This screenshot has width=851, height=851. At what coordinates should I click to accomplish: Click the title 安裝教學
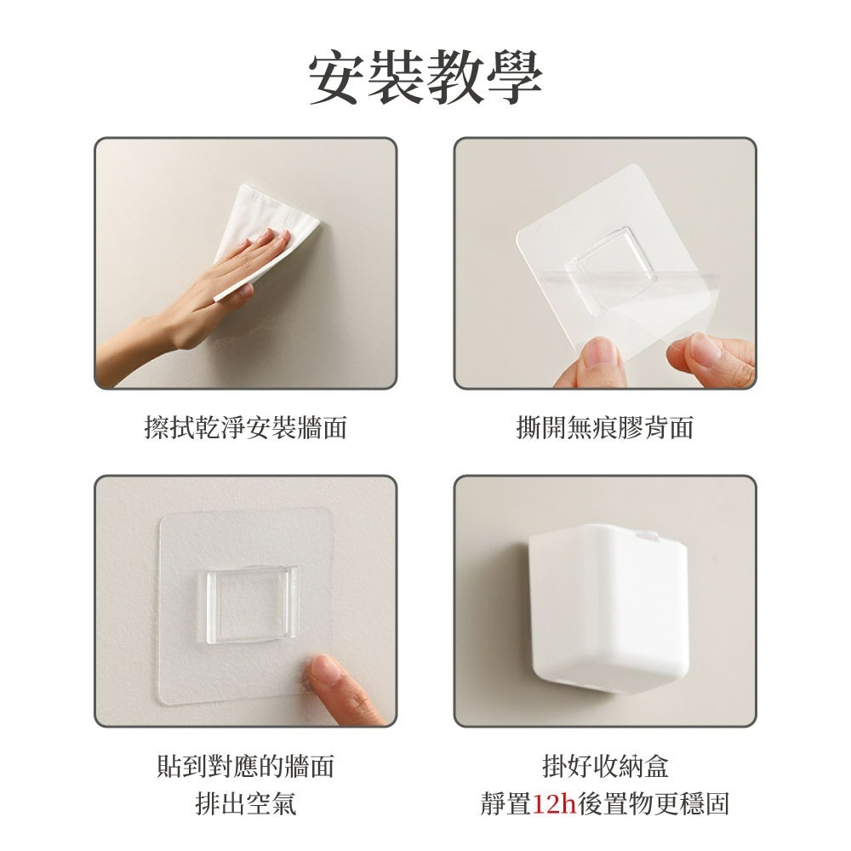click(x=425, y=77)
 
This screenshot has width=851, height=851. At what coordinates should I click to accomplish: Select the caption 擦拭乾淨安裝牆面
click(x=246, y=427)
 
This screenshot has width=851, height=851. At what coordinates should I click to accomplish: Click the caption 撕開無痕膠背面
click(x=605, y=427)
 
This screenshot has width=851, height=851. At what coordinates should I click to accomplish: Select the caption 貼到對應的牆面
click(x=246, y=766)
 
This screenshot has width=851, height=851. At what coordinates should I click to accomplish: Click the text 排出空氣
click(x=246, y=804)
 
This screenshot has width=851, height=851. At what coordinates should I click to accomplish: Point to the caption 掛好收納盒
click(x=605, y=766)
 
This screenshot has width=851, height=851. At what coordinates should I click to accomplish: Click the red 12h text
click(x=555, y=804)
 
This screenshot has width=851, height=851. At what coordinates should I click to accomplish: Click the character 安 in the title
click(x=338, y=77)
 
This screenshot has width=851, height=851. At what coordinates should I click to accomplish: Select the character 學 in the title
click(x=513, y=77)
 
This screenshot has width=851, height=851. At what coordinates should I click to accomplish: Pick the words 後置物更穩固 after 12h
click(x=654, y=804)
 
